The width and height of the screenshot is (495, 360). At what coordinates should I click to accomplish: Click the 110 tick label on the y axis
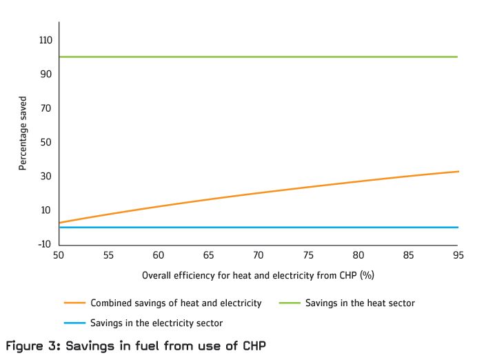tap(46, 41)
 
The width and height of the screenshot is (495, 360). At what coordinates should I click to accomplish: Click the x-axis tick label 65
tap(208, 255)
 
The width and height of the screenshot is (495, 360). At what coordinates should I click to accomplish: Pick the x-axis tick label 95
tap(458, 255)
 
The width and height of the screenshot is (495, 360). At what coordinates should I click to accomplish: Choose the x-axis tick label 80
tap(358, 255)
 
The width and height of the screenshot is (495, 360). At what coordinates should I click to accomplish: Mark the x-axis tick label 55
tap(108, 255)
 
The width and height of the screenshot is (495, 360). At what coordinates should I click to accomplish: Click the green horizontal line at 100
tap(259, 57)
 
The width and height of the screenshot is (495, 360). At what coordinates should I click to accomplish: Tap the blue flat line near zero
tap(259, 228)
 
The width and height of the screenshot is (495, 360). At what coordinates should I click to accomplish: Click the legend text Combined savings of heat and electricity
tap(176, 303)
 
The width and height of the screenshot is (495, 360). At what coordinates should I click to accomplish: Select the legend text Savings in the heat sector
tap(360, 303)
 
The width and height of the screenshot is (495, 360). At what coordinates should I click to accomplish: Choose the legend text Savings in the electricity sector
tap(156, 323)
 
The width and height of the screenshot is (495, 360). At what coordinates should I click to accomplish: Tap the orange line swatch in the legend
tap(74, 303)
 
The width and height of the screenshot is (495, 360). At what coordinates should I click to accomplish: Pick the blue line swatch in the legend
tap(74, 323)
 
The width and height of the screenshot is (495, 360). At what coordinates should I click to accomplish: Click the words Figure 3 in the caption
tap(32, 346)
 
